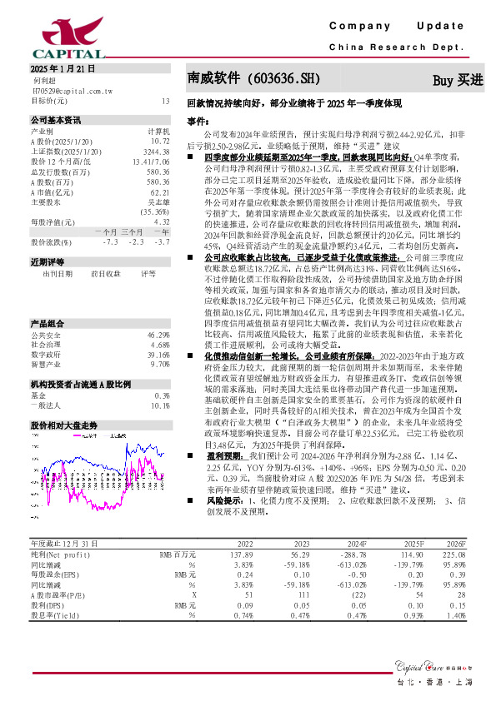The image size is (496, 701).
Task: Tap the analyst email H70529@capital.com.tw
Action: (68, 91)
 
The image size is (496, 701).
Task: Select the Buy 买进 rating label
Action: (458, 80)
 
